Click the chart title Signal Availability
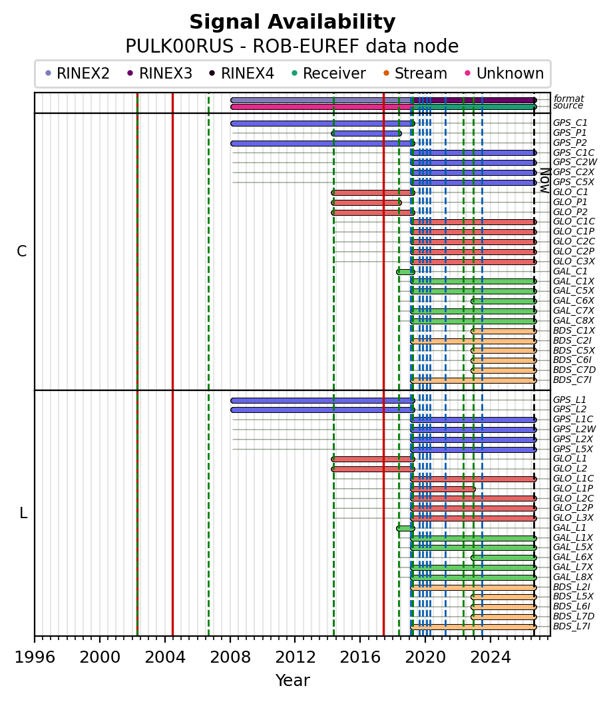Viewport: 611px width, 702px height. point(293,22)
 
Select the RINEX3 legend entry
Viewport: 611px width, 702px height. point(160,73)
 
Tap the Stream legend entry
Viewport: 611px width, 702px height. point(415,73)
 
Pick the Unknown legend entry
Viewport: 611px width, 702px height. point(505,73)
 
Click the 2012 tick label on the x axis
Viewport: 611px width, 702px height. point(296,657)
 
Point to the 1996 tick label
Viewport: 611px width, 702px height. point(35,657)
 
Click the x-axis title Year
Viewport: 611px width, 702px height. point(293,681)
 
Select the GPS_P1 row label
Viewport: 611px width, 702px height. point(570,133)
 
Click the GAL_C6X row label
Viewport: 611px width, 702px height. point(574,301)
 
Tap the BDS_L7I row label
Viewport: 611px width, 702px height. point(572,626)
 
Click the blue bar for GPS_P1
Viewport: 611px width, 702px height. point(366,133)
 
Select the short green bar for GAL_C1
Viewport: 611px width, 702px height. point(406,272)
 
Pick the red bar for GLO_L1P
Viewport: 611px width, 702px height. point(443,489)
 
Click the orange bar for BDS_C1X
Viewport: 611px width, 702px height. point(503,331)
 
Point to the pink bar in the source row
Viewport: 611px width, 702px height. point(321,107)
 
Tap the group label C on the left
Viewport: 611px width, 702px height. point(21,252)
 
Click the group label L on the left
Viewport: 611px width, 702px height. point(23,513)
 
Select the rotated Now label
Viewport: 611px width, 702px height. point(545,180)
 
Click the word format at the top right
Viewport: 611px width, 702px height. point(568,99)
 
